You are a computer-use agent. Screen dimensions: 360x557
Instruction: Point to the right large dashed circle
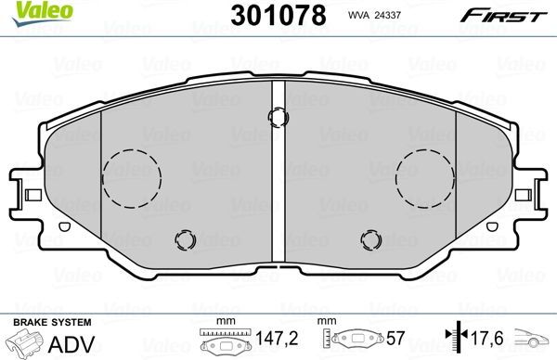coord(425,174)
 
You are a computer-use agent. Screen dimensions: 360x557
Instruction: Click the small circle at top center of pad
coord(277,116)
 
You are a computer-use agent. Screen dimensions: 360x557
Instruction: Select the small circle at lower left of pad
coord(185,241)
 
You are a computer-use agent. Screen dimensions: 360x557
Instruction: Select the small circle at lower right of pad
coord(370,241)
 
